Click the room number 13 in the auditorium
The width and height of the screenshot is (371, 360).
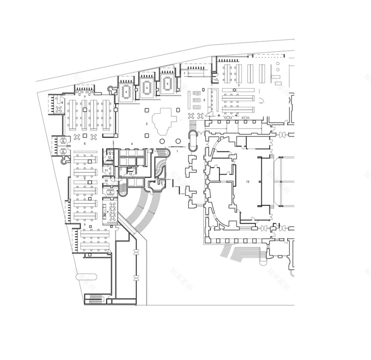click(x=247, y=182)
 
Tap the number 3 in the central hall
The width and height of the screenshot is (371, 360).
click(x=146, y=124)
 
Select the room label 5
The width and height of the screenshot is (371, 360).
click(x=84, y=144)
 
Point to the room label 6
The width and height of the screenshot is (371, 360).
click(x=132, y=144)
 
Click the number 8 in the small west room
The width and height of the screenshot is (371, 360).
click(x=62, y=102)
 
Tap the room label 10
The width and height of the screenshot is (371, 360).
click(x=106, y=181)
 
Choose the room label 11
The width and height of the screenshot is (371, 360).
click(x=106, y=170)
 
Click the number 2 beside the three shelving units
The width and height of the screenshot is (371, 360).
click(x=204, y=100)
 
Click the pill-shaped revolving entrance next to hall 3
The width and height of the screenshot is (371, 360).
click(x=193, y=140)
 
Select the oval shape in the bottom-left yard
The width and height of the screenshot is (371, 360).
click(x=86, y=277)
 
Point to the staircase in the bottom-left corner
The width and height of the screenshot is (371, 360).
click(x=95, y=300)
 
